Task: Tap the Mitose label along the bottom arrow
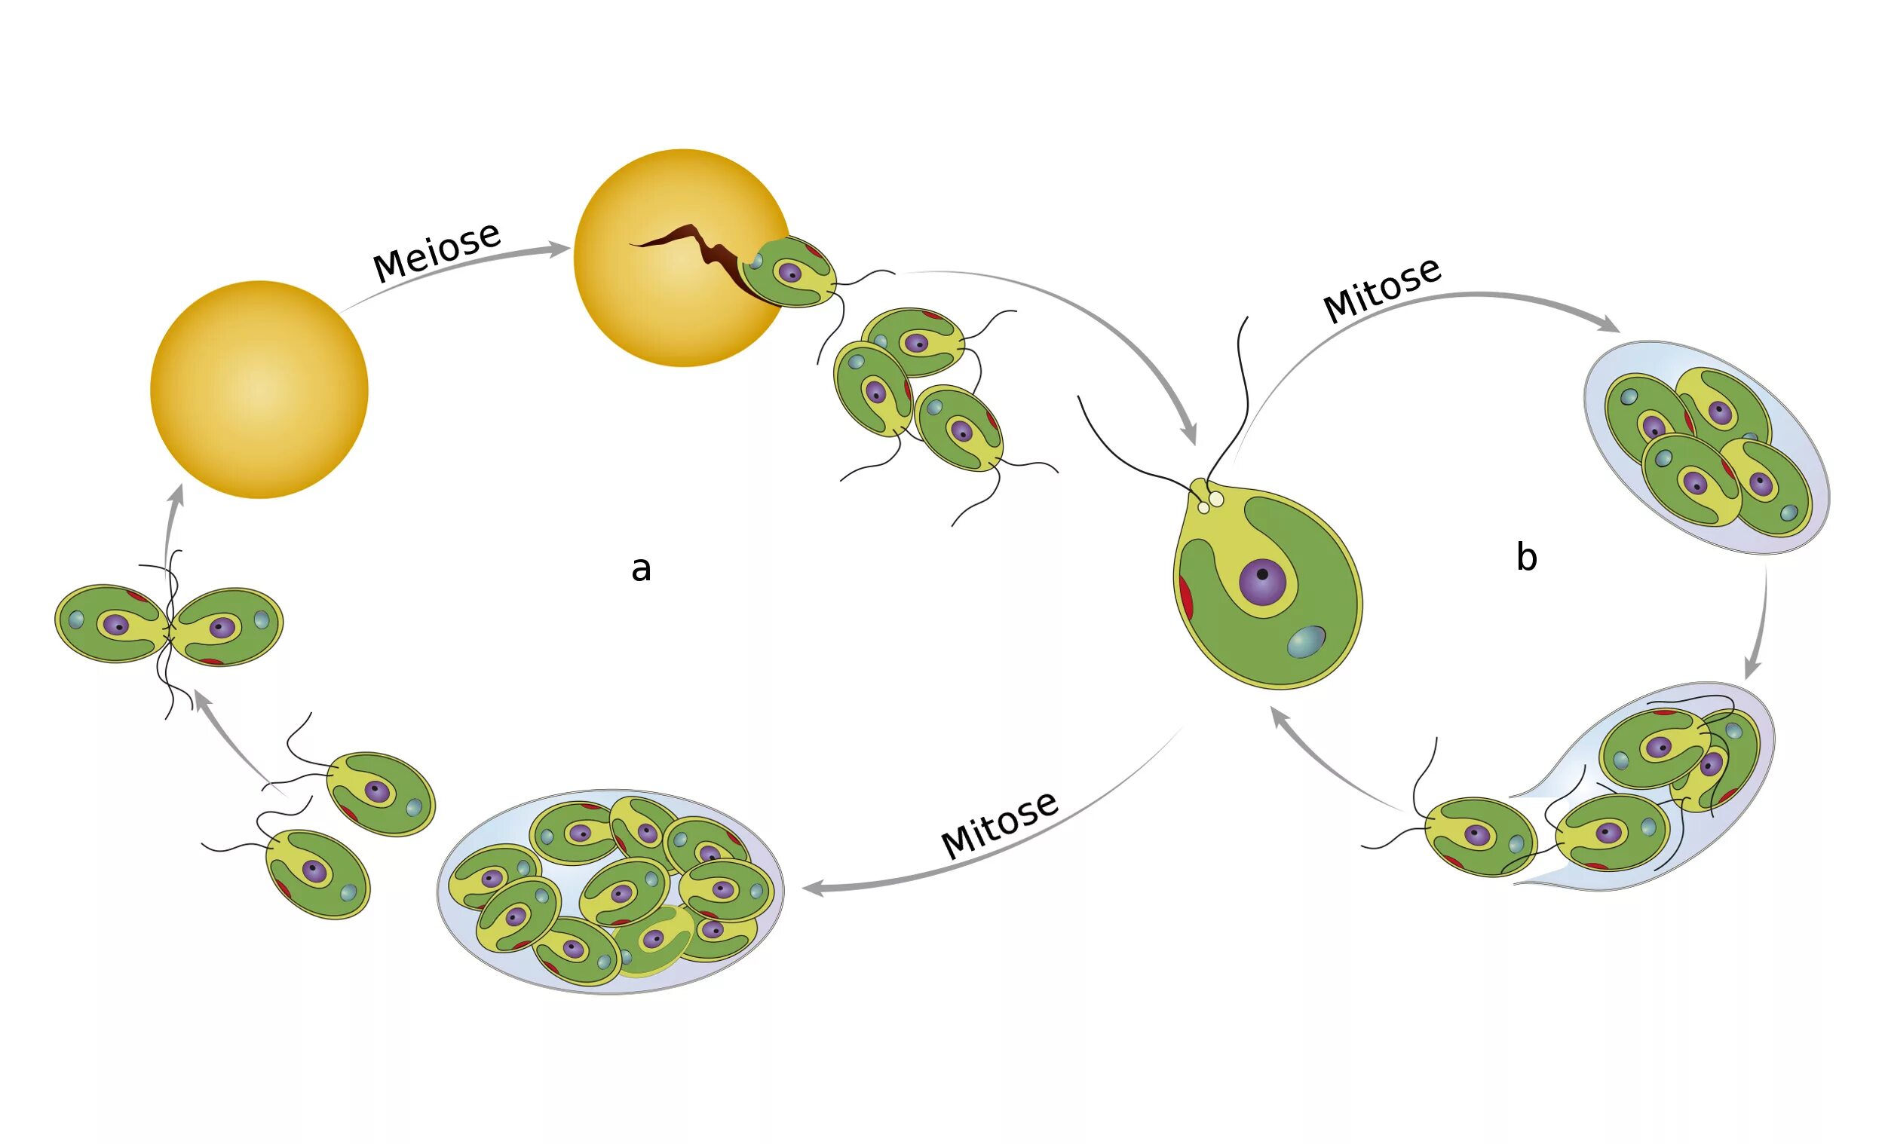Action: click(999, 825)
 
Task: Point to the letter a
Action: click(641, 569)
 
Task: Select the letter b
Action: click(1526, 558)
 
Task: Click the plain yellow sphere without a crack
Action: click(259, 390)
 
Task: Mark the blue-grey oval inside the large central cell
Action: click(1306, 641)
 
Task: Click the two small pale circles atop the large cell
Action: click(1210, 503)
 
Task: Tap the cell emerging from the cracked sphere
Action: click(789, 271)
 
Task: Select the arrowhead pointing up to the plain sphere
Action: click(178, 493)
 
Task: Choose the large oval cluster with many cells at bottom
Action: click(611, 892)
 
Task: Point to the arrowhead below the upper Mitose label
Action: click(1610, 326)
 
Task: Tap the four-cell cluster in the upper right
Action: click(1706, 448)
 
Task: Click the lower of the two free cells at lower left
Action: click(317, 873)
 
